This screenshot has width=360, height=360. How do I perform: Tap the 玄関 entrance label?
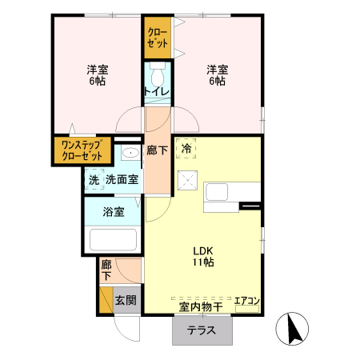point(125,301)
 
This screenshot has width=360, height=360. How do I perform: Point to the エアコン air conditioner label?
point(246,302)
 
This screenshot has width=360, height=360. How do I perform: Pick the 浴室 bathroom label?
point(114,212)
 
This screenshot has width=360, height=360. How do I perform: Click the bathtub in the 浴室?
point(113,240)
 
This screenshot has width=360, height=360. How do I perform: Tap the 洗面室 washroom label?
point(122,180)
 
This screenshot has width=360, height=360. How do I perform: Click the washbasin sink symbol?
point(130,153)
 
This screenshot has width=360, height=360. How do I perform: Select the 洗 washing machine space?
point(94,180)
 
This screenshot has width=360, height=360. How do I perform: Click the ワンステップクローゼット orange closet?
point(82,150)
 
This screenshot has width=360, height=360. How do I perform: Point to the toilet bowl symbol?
point(156,76)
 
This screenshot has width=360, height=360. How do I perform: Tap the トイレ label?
point(156,92)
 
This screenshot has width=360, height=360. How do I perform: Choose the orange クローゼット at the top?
point(157,38)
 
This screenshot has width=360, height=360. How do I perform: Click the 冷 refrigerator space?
point(186,148)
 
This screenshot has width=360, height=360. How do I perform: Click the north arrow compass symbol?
point(294,328)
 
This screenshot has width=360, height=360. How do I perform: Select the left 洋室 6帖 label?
point(98,74)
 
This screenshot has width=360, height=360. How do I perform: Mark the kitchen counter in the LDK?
point(232,197)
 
